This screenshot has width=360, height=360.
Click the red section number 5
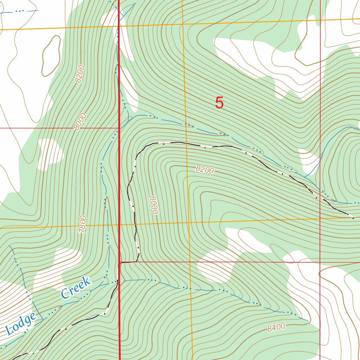click(219, 103)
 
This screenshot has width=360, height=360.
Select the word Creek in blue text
click(76, 288)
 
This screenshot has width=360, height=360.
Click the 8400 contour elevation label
click(276, 328)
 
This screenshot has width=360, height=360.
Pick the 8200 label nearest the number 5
click(205, 170)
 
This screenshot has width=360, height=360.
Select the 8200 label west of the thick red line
click(79, 74)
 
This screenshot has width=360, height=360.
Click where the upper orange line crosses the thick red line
click(118, 26)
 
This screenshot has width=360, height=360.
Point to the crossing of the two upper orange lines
click(183, 24)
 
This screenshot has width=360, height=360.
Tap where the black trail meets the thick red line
click(120, 262)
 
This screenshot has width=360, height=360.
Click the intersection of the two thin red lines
click(320, 262)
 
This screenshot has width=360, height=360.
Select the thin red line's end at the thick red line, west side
click(118, 128)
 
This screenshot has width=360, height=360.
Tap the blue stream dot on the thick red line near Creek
click(118, 281)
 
